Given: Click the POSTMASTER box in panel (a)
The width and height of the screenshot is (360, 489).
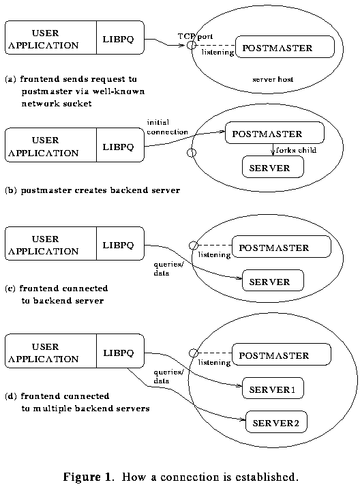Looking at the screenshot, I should coord(286,48).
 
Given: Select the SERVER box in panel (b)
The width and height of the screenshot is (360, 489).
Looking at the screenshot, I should coord(273,168).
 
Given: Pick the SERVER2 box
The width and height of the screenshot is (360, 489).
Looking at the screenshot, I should coord(275,423).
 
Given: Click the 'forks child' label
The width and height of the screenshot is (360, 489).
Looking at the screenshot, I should coord(297,149).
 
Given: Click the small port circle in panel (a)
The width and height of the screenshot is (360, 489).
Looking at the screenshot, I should coord(192,46).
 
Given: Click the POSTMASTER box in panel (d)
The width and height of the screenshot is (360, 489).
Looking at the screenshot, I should coord(282,355).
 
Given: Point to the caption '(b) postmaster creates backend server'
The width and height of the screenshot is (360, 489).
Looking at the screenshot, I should coord(92,190).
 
